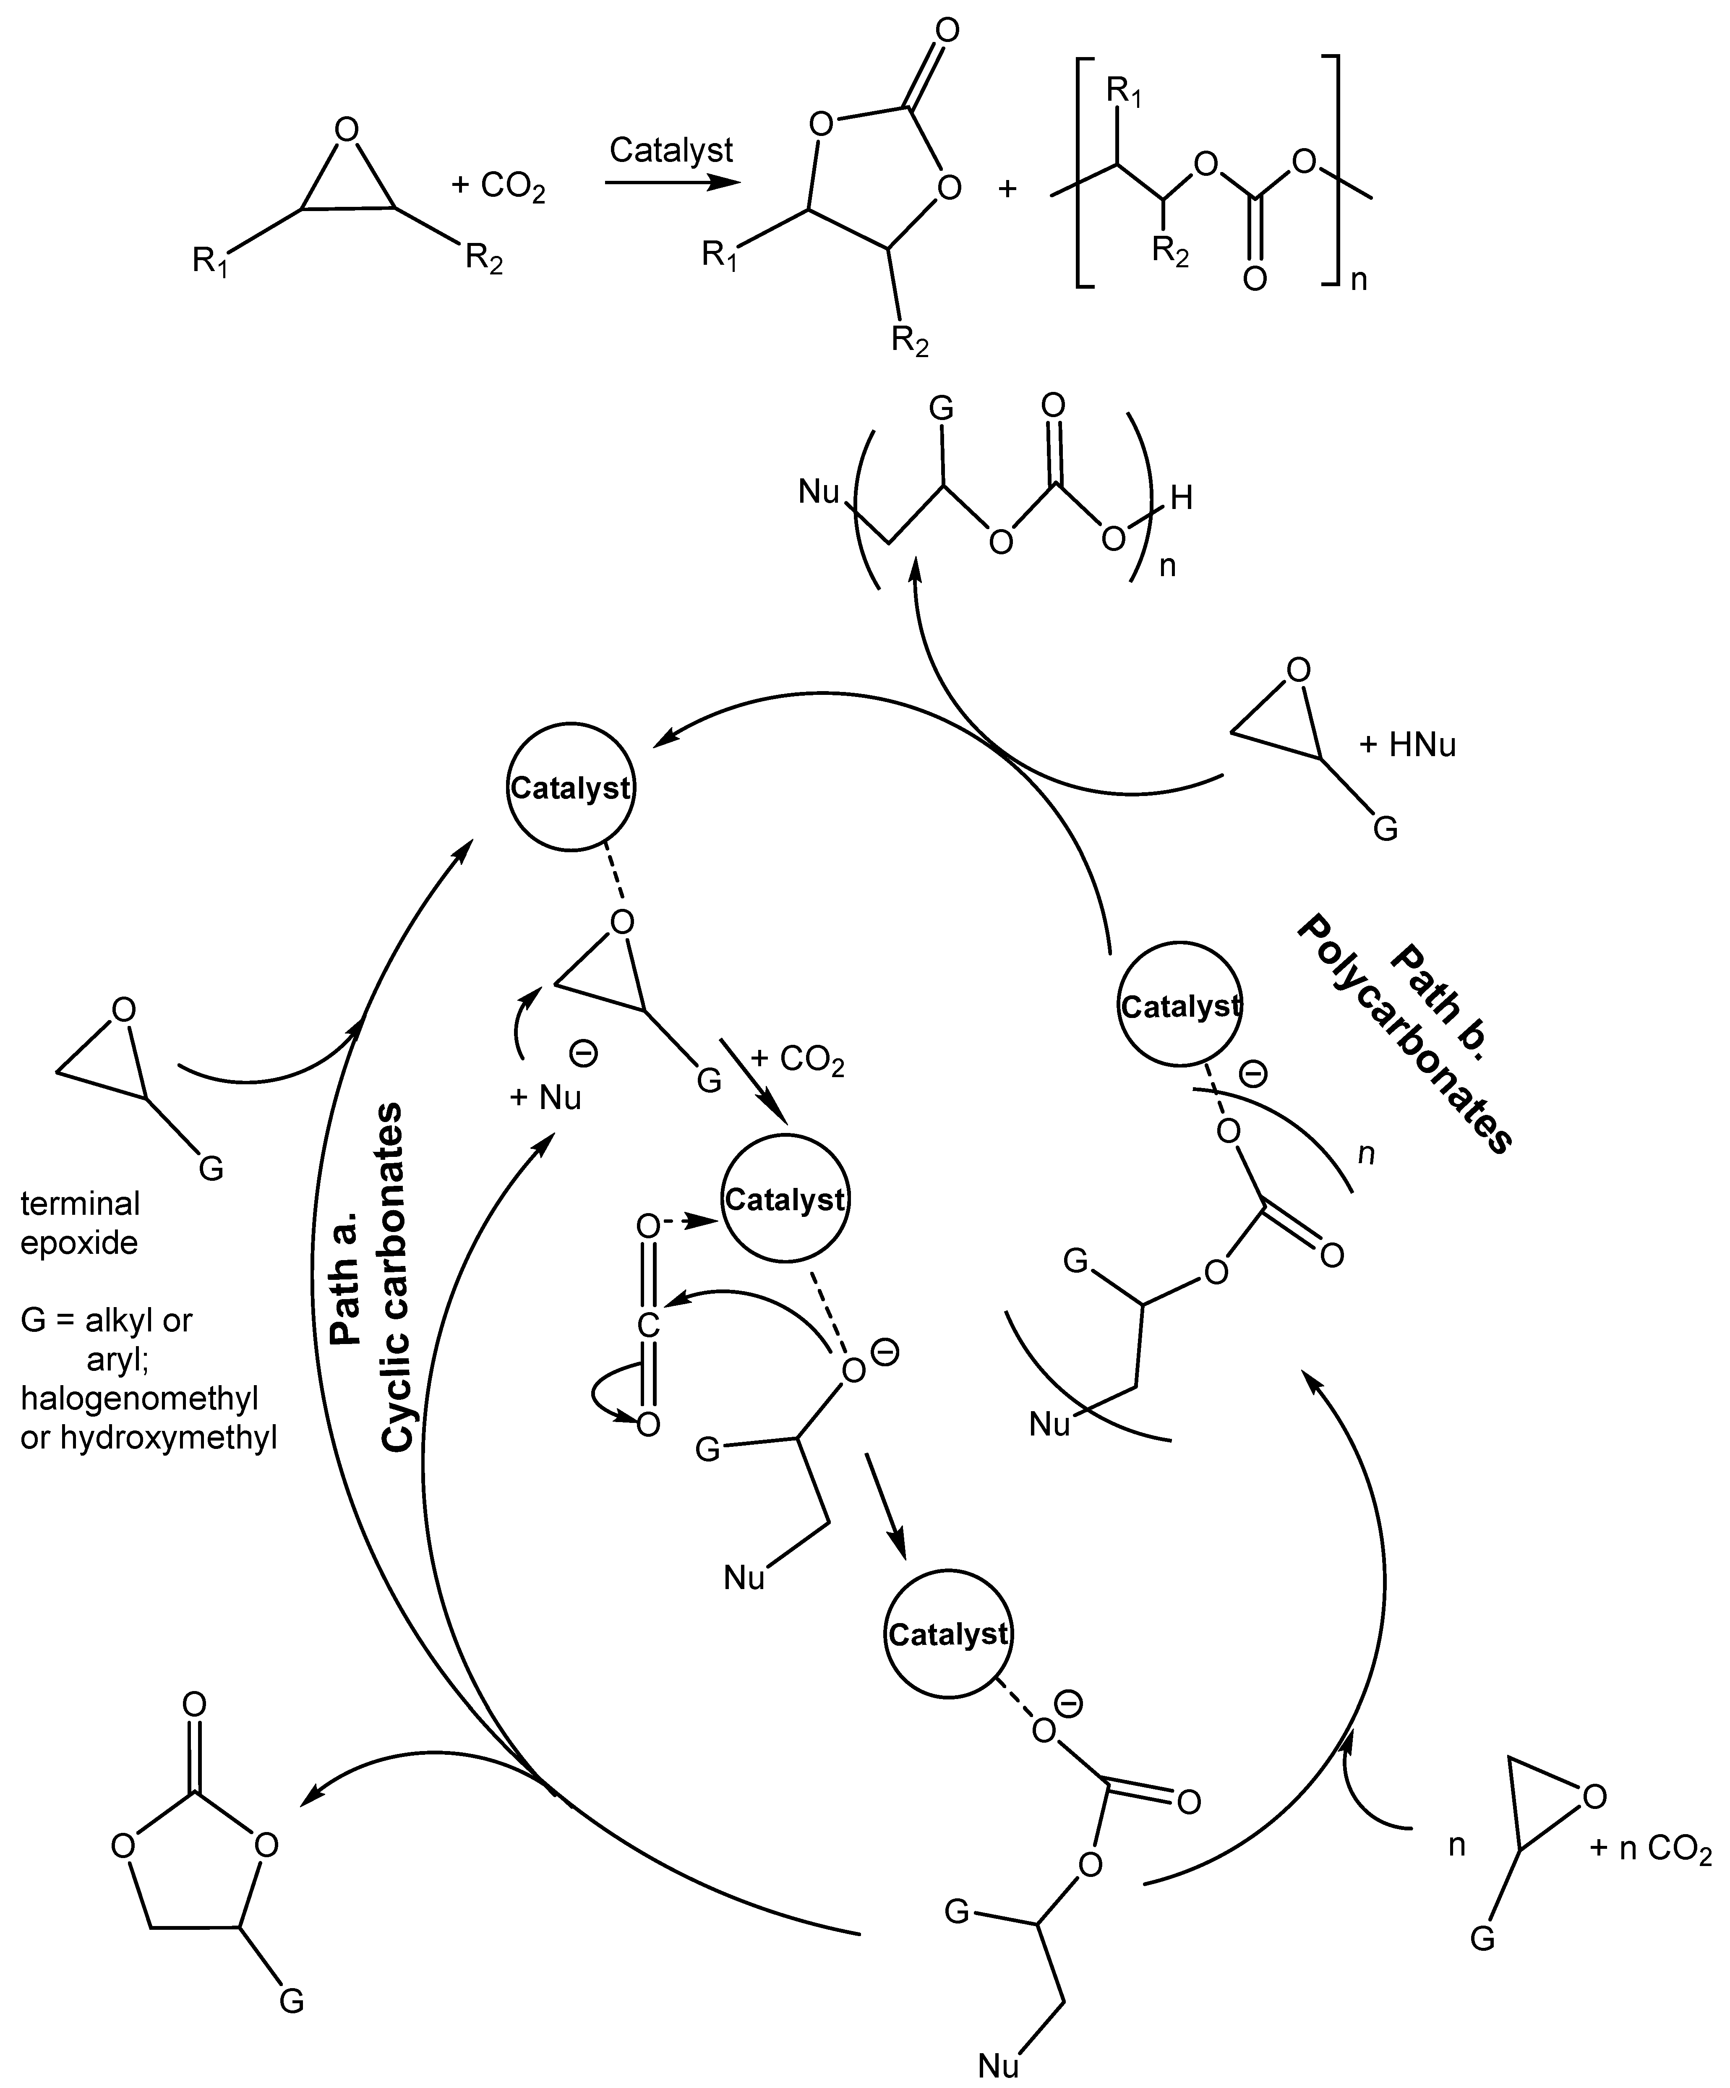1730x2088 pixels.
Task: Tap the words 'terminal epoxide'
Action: tap(80, 1223)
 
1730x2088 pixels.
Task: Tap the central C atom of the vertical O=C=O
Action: tap(647, 1324)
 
